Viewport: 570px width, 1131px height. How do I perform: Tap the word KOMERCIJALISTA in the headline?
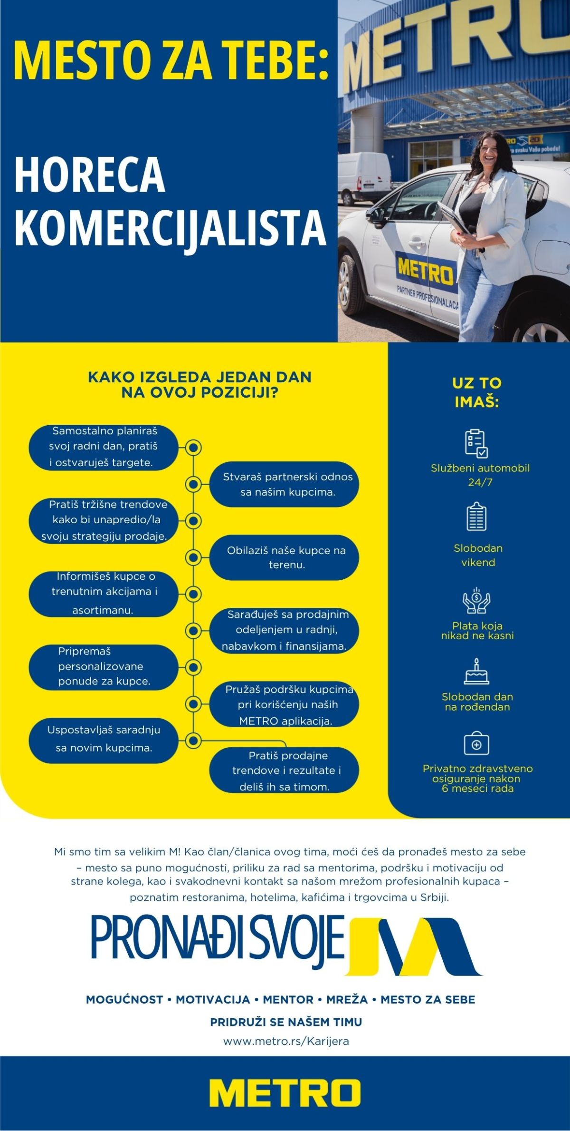click(x=170, y=228)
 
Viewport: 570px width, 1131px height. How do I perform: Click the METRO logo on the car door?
click(x=425, y=270)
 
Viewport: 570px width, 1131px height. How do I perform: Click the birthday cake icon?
click(x=476, y=672)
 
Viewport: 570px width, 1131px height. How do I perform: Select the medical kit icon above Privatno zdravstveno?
click(x=476, y=744)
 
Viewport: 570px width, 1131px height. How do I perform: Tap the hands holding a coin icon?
click(x=476, y=601)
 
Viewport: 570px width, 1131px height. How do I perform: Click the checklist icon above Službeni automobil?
click(x=476, y=443)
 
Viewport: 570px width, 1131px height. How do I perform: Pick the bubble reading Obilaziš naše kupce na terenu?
click(x=284, y=557)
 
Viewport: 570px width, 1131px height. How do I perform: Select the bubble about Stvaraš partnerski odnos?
click(x=284, y=484)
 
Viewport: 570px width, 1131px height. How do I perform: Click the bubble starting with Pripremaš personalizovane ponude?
click(x=103, y=667)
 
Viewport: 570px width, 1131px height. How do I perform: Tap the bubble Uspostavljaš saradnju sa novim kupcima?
click(x=103, y=741)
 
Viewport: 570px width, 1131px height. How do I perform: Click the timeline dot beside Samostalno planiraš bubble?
click(x=193, y=448)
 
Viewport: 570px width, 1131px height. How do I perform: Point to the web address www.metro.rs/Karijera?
click(x=286, y=1041)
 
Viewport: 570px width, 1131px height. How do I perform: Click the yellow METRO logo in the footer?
click(x=285, y=1093)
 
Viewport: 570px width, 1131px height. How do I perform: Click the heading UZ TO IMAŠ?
click(x=477, y=393)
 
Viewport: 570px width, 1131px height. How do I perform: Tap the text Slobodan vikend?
click(x=478, y=555)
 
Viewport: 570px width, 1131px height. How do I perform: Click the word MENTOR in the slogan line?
click(x=288, y=999)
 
